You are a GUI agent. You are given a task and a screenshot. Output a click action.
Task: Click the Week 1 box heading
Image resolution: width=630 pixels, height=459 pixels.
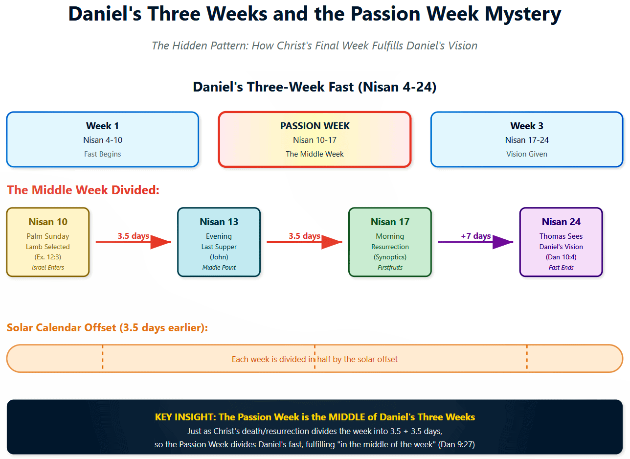pos(102,126)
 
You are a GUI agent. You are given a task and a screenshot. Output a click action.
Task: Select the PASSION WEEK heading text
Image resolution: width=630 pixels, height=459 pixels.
pos(315,126)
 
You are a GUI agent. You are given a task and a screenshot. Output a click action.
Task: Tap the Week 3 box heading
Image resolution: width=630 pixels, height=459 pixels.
pos(527,126)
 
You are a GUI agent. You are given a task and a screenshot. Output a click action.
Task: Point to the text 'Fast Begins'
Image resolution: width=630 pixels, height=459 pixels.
pos(102,154)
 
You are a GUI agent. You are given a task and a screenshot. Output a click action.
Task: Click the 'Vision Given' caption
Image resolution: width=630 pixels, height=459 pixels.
pos(527,154)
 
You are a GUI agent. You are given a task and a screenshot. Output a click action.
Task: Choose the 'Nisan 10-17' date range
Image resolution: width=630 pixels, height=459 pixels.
pos(315,140)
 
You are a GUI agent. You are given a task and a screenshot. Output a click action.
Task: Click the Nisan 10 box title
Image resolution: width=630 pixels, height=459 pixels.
pos(48,222)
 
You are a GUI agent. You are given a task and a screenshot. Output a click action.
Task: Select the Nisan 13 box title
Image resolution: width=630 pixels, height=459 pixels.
pos(219,222)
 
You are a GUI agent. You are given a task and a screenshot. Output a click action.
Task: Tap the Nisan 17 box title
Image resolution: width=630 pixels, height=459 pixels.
pos(390,222)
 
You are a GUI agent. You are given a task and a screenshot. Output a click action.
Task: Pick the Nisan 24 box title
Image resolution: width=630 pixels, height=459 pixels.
pos(561,222)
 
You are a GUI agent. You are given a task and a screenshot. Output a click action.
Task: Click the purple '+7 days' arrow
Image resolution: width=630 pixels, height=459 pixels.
pos(475,242)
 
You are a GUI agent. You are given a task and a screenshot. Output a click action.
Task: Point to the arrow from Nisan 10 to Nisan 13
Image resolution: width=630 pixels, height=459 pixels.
pos(134,242)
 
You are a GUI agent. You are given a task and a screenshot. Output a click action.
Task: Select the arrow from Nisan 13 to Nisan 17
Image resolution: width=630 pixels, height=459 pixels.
pos(304,242)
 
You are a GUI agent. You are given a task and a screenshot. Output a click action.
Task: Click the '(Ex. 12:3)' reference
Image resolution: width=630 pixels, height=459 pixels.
pos(48,257)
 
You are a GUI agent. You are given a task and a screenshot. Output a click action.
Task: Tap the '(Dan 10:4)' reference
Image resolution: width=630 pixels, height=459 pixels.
pos(561,257)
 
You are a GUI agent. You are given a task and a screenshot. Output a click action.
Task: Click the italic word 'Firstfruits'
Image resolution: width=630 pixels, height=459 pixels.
pos(390,268)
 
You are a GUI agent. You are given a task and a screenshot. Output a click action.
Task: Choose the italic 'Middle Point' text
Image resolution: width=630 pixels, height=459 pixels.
pos(219,268)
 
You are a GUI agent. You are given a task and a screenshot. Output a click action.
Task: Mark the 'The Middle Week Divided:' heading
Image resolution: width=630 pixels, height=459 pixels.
pos(83,190)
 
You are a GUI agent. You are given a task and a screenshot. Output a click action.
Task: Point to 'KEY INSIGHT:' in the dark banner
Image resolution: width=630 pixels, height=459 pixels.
pos(186,417)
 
